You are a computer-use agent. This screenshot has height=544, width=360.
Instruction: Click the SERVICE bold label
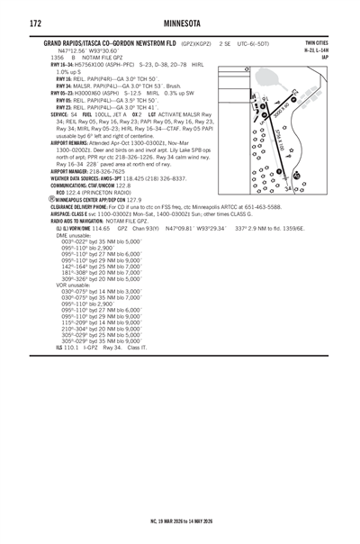click(60, 114)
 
